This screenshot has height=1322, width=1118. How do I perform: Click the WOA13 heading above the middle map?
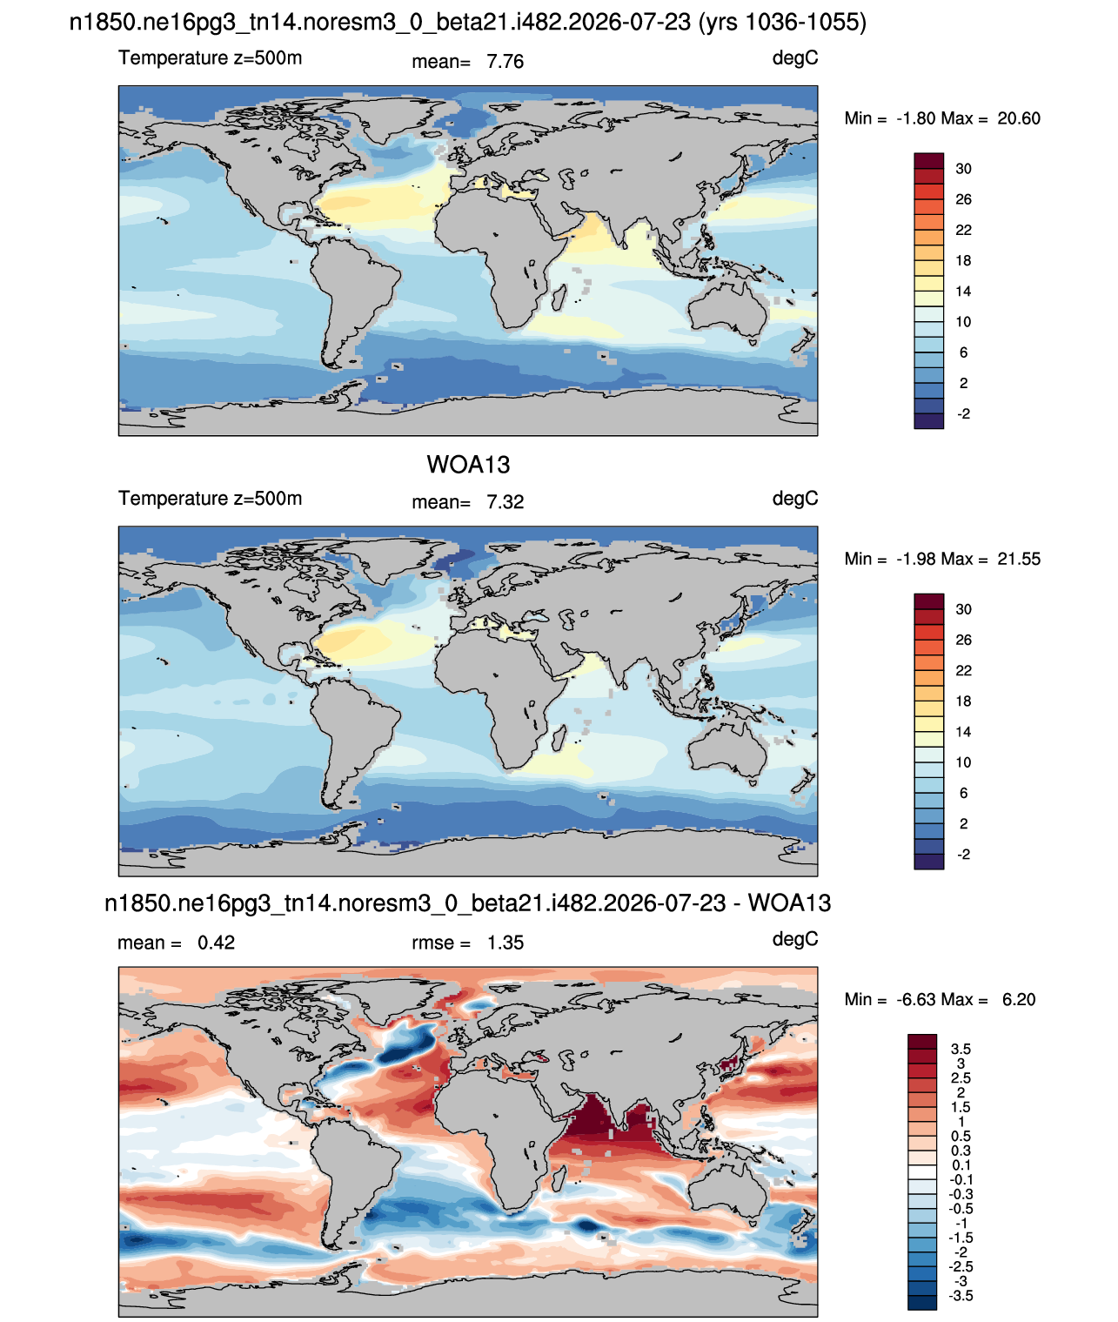tap(468, 465)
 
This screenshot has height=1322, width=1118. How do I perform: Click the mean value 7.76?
tap(505, 62)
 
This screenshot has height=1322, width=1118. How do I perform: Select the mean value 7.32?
tap(505, 502)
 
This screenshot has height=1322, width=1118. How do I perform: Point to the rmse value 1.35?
tap(505, 943)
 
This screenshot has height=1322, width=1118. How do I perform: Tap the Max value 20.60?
tap(1018, 118)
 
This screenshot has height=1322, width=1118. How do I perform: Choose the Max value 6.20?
tap(1018, 1000)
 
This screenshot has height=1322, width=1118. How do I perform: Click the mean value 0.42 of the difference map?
tap(216, 943)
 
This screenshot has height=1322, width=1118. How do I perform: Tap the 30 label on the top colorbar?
tap(963, 169)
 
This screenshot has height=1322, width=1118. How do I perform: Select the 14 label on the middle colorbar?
tap(963, 732)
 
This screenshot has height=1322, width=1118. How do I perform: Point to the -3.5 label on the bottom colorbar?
tap(961, 1296)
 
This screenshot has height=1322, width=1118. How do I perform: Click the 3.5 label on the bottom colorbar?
tap(961, 1049)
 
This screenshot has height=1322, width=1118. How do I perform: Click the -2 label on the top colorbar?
tap(963, 413)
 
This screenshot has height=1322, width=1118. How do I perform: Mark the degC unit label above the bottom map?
tap(794, 939)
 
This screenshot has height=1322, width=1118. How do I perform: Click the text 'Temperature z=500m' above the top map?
tap(210, 58)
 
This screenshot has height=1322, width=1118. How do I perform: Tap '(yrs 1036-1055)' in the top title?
tap(782, 23)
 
